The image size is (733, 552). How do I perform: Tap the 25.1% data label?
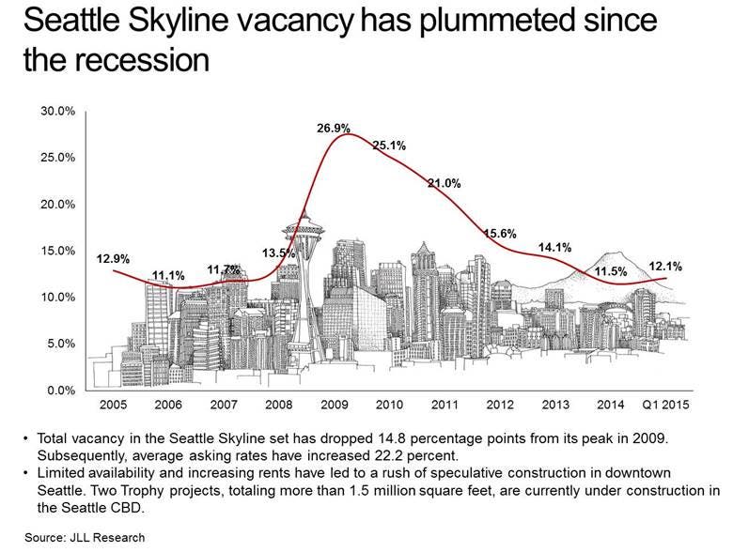(388, 146)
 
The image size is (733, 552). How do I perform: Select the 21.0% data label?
(444, 183)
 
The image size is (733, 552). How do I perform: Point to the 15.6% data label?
(499, 234)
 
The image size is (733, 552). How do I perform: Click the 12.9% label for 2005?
(113, 258)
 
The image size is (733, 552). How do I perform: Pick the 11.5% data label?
(612, 271)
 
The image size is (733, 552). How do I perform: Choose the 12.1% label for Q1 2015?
(666, 267)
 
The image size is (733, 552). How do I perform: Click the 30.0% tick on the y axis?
(59, 112)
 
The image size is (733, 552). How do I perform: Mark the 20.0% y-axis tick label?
(59, 205)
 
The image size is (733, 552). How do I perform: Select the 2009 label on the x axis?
(335, 405)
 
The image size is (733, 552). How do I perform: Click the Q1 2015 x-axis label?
(665, 405)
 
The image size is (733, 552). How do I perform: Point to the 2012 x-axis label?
(499, 405)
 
